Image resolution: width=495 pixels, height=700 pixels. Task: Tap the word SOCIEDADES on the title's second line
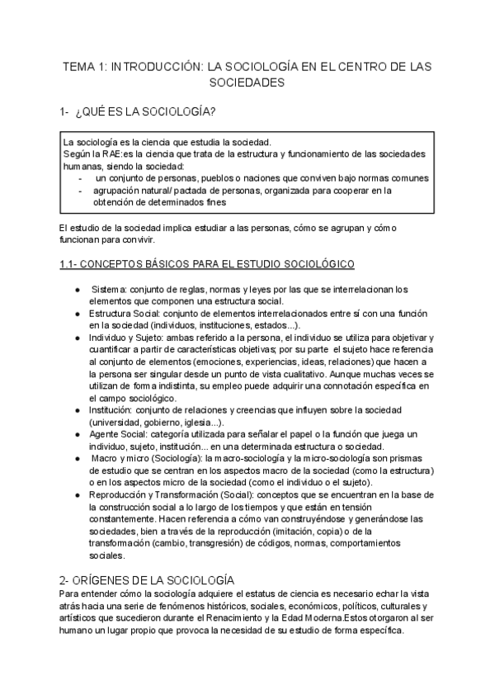coord(247,83)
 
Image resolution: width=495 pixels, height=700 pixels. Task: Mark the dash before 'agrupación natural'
coord(79,189)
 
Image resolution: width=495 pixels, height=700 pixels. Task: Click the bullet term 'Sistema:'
coord(110,289)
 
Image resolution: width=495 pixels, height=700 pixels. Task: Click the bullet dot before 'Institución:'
coord(77,410)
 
